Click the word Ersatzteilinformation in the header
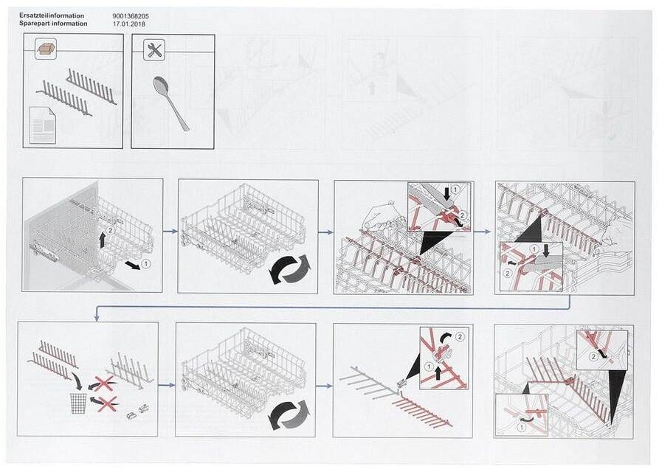[x=52, y=15]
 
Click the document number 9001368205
[x=131, y=16]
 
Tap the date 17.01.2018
[x=129, y=24]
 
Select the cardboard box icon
[x=46, y=49]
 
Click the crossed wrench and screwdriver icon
[x=154, y=50]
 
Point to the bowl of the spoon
[x=161, y=86]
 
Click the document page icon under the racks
[x=43, y=125]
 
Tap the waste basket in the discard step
[x=78, y=403]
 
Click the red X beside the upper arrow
[x=104, y=383]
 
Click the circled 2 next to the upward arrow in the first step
[x=111, y=230]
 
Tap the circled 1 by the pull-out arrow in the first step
[x=145, y=264]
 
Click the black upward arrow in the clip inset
[x=438, y=372]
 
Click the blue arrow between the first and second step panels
[x=170, y=232]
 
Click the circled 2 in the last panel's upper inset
[x=593, y=357]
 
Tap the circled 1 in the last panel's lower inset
[x=521, y=427]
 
